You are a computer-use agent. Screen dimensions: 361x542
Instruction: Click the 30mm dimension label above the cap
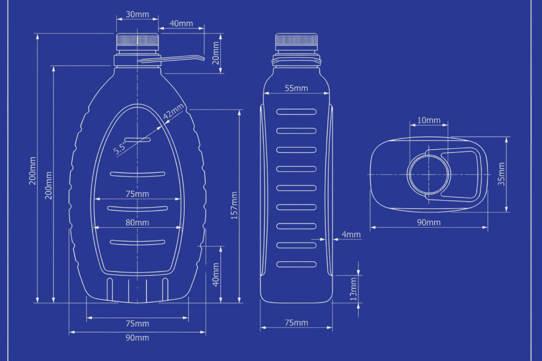point(138,14)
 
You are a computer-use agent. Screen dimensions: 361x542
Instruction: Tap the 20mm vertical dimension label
point(216,52)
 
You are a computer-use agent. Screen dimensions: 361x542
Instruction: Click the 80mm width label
point(137,223)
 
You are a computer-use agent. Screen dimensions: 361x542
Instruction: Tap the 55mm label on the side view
point(296,88)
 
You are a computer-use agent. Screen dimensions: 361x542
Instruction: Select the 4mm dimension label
point(351,235)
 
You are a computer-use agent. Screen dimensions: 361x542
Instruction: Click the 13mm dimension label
point(353,288)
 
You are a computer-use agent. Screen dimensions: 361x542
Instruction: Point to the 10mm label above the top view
point(429,120)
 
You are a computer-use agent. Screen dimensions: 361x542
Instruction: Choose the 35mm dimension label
point(501,175)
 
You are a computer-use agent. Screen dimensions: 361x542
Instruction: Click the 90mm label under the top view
point(429,223)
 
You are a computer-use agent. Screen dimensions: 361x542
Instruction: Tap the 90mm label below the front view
point(137,337)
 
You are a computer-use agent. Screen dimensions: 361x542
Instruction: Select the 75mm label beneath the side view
point(296,323)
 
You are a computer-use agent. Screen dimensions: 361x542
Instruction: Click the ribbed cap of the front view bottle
point(138,41)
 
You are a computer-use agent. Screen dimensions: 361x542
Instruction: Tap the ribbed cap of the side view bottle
point(296,41)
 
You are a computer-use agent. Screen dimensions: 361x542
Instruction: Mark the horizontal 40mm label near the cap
point(181,24)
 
